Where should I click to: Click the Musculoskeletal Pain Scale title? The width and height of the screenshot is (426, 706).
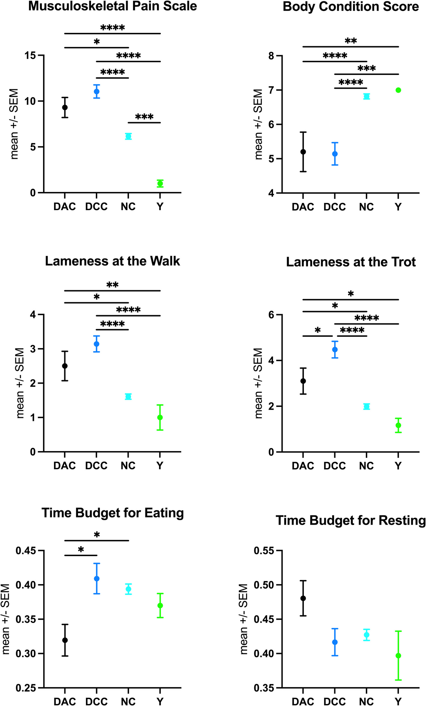(113, 6)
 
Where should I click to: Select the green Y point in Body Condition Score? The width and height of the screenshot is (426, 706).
(398, 90)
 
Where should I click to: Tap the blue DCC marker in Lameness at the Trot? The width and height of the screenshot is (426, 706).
(335, 349)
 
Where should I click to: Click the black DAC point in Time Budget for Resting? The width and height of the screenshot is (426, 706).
(303, 598)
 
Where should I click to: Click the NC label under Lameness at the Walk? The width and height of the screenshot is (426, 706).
(128, 466)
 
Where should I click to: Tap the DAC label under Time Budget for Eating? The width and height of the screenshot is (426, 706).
(65, 702)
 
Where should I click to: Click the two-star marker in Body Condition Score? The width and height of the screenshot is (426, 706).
(351, 41)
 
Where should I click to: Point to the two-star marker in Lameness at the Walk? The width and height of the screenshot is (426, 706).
(112, 285)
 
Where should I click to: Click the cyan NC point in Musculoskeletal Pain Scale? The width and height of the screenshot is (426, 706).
(128, 136)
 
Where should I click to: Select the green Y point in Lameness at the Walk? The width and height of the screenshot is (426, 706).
(160, 418)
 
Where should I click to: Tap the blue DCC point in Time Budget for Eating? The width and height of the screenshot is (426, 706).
(96, 579)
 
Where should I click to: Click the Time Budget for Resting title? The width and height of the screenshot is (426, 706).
(351, 521)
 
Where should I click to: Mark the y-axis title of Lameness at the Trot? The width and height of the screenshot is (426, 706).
(259, 383)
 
